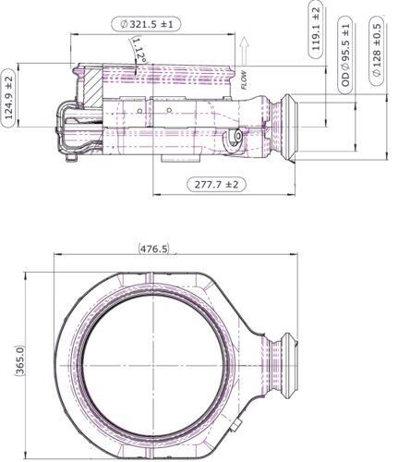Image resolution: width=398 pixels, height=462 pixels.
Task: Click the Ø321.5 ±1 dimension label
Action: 146,24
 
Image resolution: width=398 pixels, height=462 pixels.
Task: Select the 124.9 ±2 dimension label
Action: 9,98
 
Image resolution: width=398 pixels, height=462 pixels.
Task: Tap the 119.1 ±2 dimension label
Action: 316,29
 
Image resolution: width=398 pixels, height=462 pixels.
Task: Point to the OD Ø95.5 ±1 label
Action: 345,55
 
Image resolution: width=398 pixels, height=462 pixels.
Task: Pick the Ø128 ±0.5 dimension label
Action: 377,50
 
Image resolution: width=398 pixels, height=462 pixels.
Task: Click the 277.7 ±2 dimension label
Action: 217,185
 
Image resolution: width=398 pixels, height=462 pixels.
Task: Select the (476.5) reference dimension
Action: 154,249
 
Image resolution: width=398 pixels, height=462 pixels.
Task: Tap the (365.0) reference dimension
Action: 19,360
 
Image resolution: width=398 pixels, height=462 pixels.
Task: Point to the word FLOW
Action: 244,79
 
